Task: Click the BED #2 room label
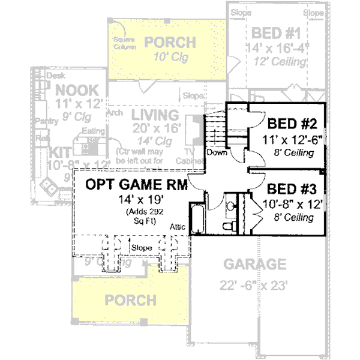(x=292, y=125)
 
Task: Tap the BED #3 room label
(x=292, y=188)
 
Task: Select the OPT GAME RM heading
(x=136, y=185)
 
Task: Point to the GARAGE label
(x=255, y=265)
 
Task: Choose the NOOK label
(x=76, y=90)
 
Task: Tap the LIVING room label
(x=155, y=115)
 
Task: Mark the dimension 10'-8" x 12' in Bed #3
(x=293, y=204)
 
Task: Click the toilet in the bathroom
(x=229, y=227)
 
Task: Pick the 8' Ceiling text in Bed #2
(x=292, y=154)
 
